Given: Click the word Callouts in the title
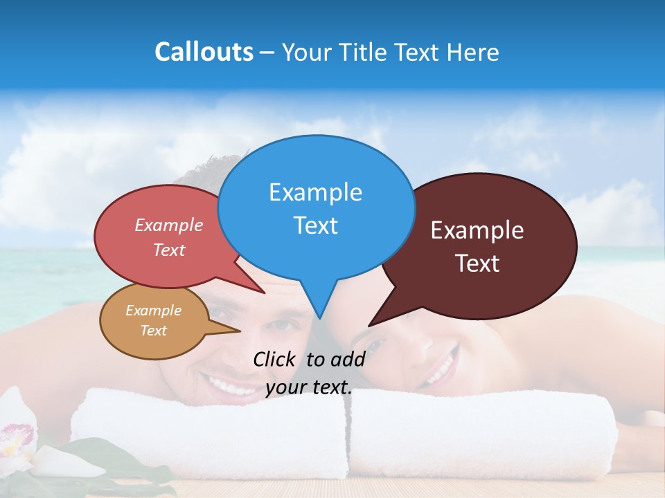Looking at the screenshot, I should pos(204,52).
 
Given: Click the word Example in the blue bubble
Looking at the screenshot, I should pos(315,192).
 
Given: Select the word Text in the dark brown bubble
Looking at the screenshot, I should pos(477,264).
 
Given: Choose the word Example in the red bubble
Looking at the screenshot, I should pos(169,225).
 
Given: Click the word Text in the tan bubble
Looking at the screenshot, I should pos(154,331).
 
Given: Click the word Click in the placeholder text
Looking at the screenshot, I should pos(274,359).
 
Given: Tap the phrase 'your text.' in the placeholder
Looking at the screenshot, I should pos(309,387).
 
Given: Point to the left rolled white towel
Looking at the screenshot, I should pos(208,432).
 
